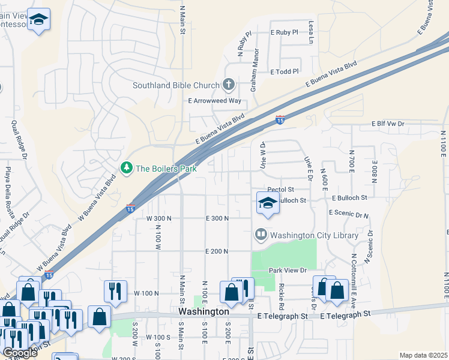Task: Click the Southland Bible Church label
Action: tap(176, 85)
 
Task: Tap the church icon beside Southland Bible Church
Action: tap(228, 85)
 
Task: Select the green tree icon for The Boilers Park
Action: tap(127, 169)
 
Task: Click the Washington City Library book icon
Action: tap(261, 235)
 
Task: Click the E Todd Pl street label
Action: tap(285, 71)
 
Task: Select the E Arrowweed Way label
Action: tap(215, 101)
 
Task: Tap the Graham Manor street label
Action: tap(255, 65)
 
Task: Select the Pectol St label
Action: tap(280, 189)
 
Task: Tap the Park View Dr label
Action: tap(288, 271)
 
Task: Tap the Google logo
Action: tap(19, 353)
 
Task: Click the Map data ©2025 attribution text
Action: tap(423, 355)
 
